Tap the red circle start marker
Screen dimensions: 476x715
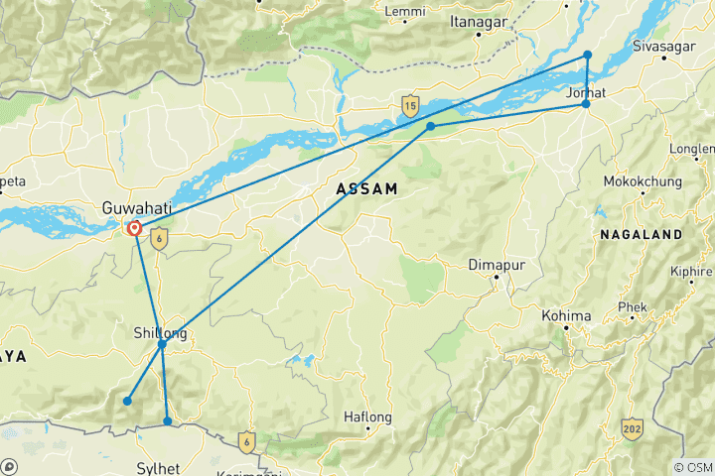click(134, 229)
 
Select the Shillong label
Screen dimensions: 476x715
click(159, 332)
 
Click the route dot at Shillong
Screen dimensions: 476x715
click(162, 345)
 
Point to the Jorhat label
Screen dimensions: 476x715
click(586, 92)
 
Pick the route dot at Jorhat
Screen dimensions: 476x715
click(586, 104)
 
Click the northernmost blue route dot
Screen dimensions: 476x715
click(588, 56)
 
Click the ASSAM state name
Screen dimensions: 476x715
click(367, 188)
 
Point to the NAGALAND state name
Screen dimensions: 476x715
click(642, 234)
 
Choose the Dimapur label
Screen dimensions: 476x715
click(495, 265)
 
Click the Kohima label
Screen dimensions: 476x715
click(567, 316)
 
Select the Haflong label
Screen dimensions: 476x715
click(367, 417)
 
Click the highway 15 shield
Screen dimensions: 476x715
click(410, 104)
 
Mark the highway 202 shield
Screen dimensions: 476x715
click(632, 427)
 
